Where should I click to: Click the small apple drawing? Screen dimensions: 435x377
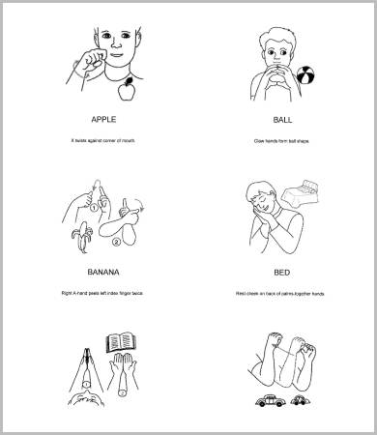[123, 91]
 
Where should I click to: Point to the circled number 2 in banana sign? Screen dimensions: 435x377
[116, 241]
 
